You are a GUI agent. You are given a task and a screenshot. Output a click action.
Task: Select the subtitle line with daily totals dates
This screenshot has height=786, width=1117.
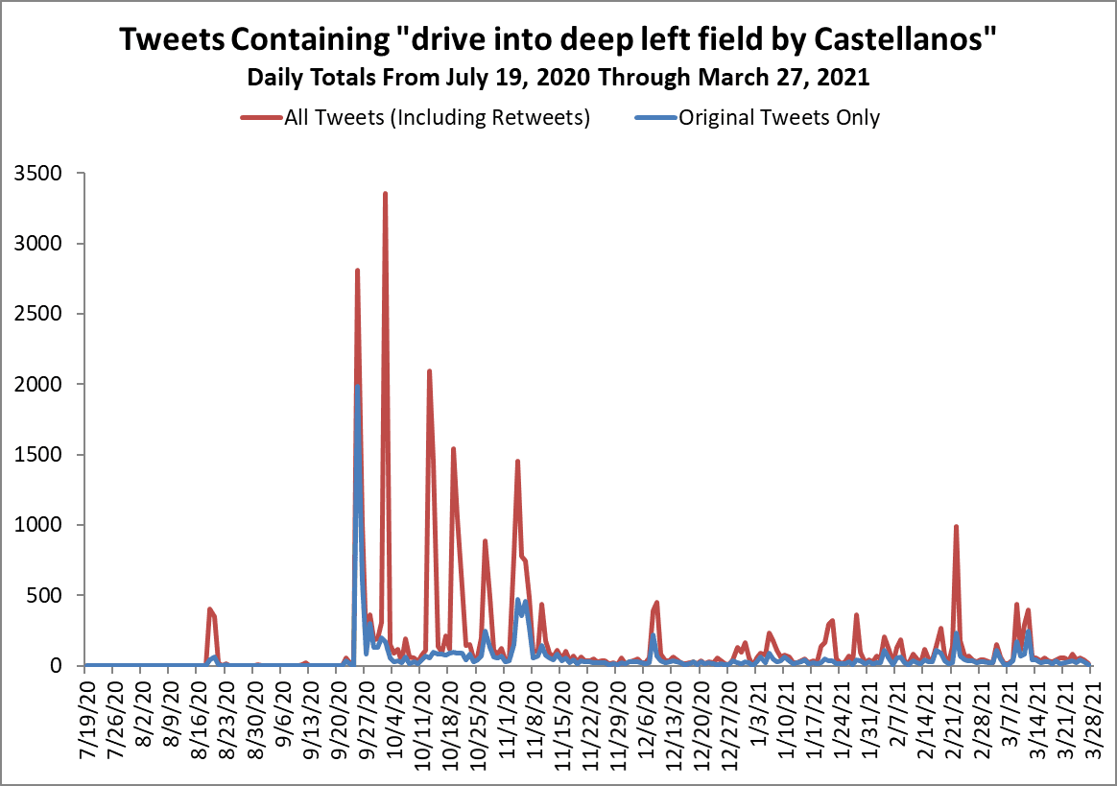tap(558, 77)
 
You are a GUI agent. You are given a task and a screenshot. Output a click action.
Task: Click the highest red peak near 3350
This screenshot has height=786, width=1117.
tap(385, 194)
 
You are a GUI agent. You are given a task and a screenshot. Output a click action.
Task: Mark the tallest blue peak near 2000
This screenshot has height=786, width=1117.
tap(357, 386)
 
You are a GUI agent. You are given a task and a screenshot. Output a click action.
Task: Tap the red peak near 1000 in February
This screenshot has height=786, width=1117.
tap(956, 527)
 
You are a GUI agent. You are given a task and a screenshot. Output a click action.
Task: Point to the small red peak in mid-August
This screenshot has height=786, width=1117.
tap(209, 609)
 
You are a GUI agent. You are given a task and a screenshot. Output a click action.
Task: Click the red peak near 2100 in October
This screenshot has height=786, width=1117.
tap(429, 371)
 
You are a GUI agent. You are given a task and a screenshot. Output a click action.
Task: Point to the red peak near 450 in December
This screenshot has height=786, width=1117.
tap(656, 603)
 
